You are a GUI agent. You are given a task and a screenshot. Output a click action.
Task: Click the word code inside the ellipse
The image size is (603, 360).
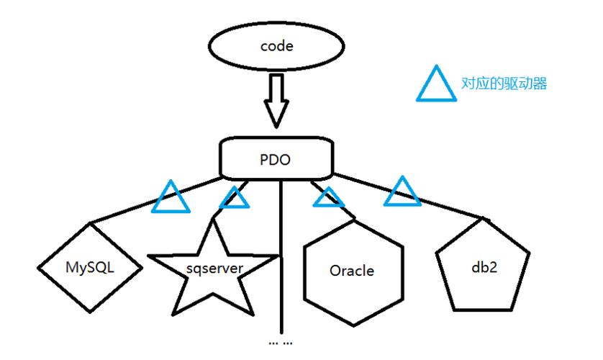pyautogui.click(x=276, y=46)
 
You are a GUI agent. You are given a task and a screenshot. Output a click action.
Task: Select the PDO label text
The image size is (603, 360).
pyautogui.click(x=275, y=160)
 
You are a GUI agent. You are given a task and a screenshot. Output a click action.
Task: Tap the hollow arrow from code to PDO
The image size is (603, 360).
pyautogui.click(x=276, y=101)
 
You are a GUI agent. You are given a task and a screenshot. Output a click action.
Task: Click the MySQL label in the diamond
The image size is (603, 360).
pyautogui.click(x=90, y=267)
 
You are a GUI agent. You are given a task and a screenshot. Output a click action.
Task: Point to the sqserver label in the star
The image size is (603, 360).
pyautogui.click(x=214, y=268)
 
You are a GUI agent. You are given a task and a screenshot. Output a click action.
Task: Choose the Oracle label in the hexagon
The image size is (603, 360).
pyautogui.click(x=352, y=271)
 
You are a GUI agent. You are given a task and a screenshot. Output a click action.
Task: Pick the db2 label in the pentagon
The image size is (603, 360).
pyautogui.click(x=484, y=267)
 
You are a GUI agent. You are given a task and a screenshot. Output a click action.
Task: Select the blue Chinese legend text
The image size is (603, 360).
pyautogui.click(x=504, y=84)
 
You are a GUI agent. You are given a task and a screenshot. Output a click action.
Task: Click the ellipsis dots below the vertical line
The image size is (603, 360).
pyautogui.click(x=281, y=343)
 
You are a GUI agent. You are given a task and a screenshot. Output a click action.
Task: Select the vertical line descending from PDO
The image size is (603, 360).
pyautogui.click(x=281, y=256)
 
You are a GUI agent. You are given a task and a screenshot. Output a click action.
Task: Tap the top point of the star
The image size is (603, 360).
pyautogui.click(x=213, y=219)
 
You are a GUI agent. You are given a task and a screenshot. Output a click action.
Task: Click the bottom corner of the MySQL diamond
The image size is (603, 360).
pyautogui.click(x=90, y=312)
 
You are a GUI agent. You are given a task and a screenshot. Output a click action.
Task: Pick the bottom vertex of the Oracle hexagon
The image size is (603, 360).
pyautogui.click(x=353, y=325)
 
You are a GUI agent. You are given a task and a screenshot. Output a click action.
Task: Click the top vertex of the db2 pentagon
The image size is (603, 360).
pyautogui.click(x=483, y=218)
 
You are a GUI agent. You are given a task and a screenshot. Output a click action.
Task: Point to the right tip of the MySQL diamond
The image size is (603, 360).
pyautogui.click(x=142, y=267)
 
